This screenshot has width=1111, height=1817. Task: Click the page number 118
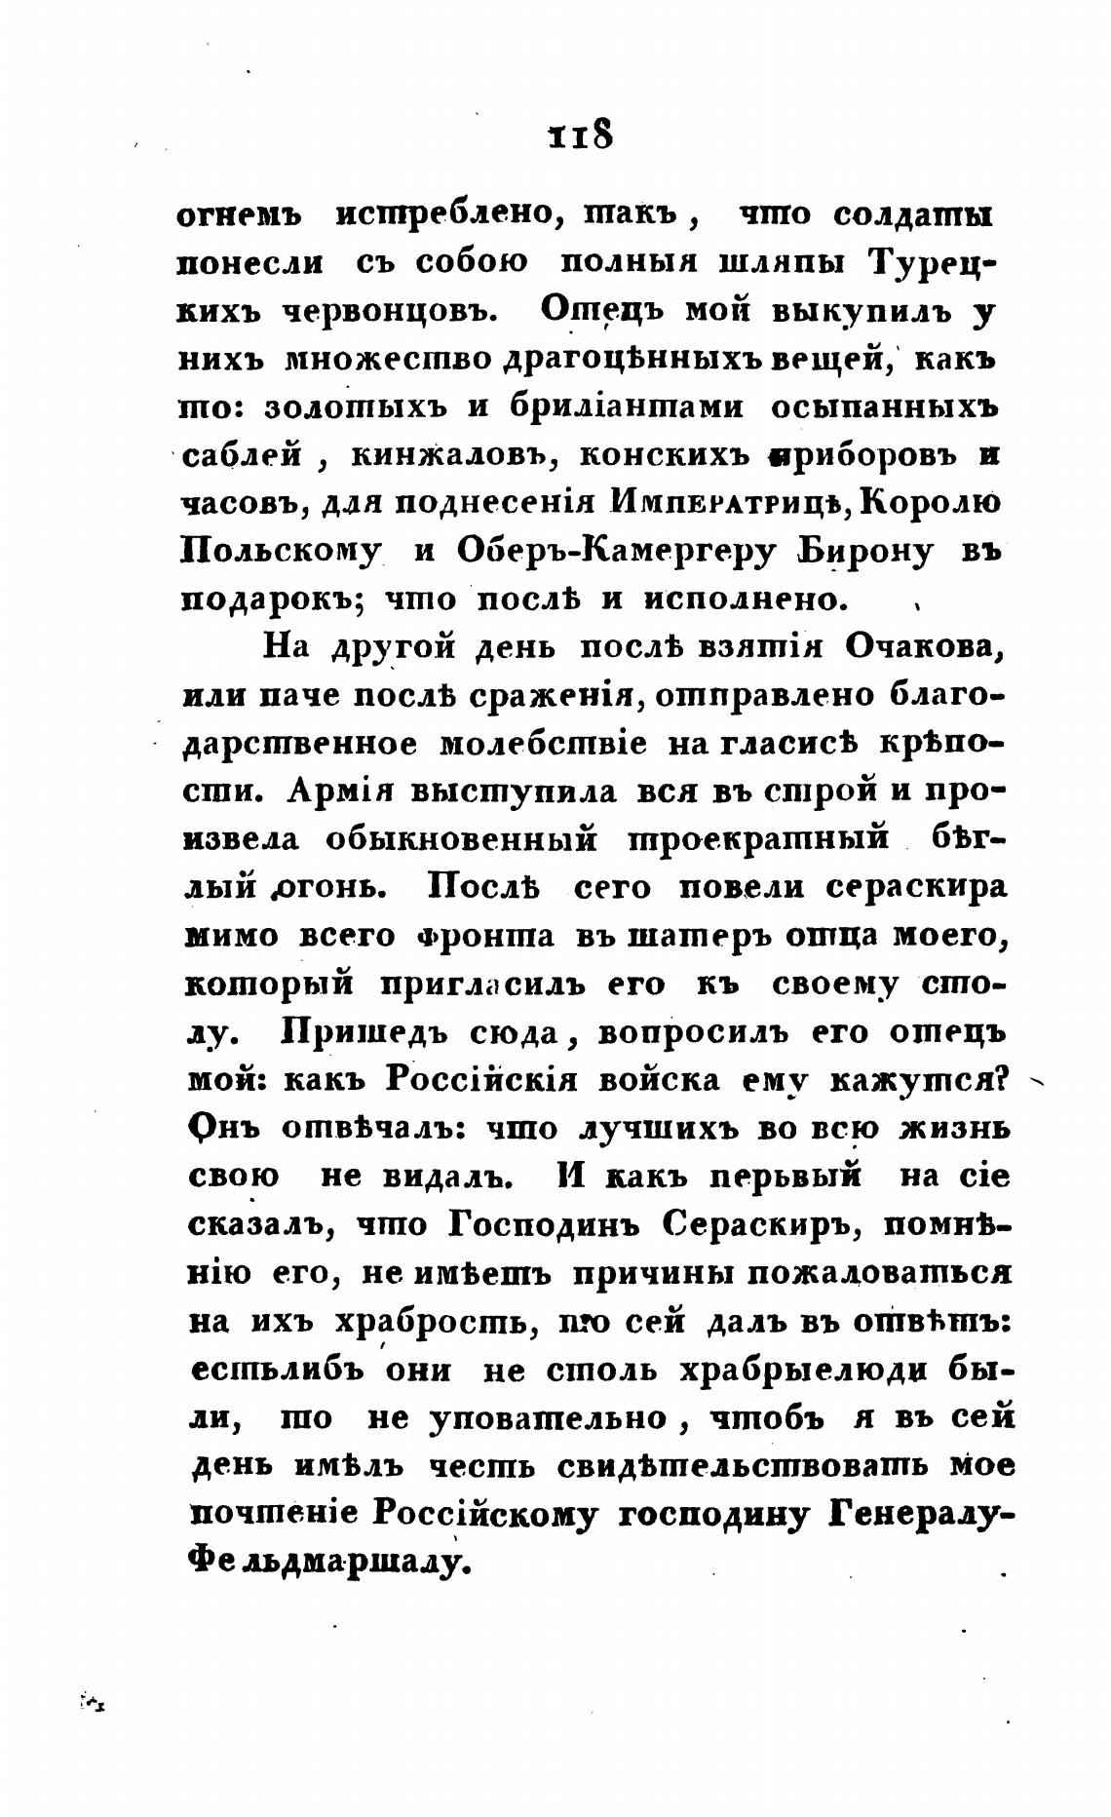point(581,134)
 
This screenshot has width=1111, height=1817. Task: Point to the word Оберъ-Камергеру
point(616,551)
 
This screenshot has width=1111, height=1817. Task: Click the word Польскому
point(281,553)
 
